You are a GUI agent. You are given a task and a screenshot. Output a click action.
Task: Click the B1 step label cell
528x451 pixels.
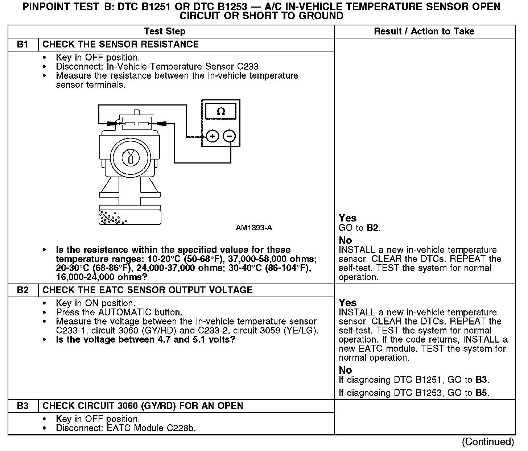22,45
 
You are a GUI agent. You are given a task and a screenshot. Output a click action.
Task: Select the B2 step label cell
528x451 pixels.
22,290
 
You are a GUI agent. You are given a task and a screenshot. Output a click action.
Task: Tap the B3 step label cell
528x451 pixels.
22,406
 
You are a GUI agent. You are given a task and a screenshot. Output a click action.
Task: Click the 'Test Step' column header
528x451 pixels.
165,32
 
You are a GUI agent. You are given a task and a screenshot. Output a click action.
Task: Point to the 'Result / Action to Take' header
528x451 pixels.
424,32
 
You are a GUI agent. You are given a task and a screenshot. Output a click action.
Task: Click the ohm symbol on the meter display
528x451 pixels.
220,111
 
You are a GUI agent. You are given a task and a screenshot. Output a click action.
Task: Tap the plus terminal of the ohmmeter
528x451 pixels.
213,136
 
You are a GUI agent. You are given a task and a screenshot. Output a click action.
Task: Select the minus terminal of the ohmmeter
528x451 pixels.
229,136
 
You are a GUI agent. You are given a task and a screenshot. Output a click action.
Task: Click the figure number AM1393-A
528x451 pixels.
254,228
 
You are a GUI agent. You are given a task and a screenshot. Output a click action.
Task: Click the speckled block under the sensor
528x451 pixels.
130,216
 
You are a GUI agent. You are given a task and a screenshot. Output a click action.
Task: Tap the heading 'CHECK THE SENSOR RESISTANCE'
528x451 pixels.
120,45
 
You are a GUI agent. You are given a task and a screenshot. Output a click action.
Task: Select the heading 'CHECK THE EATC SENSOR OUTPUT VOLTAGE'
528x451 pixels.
147,290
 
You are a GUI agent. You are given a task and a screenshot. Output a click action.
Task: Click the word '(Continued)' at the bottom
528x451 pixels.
488,442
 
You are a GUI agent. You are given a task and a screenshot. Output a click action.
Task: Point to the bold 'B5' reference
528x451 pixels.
482,393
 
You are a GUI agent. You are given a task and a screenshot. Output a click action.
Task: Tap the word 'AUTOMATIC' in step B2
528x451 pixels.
125,313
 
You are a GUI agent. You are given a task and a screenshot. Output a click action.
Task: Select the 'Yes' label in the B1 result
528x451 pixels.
347,218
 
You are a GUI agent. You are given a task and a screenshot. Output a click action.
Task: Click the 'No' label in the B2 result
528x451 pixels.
345,370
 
